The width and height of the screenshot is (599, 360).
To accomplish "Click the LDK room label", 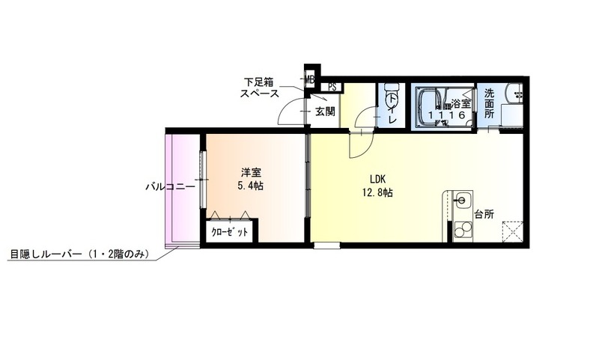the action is point(377,179).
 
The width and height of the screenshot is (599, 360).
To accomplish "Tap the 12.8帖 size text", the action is point(377,193).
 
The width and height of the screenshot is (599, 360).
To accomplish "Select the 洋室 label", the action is point(251,173).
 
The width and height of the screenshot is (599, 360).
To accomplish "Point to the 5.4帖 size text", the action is point(251,186).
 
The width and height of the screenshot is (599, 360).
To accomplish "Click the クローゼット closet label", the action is point(230,232).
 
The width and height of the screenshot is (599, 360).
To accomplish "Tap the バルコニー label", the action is point(171,186).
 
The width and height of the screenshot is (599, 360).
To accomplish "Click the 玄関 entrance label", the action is point(325,112).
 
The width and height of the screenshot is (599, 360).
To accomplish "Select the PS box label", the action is point(332,87).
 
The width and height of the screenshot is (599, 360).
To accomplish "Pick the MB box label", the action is point(309,80).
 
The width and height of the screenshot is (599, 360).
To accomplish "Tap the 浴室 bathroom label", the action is point(460,103).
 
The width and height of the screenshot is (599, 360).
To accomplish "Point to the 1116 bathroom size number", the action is point(446,115).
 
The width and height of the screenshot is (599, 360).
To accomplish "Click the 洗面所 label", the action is point(490,103).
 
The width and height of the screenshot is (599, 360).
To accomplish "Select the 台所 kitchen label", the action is point(484,214).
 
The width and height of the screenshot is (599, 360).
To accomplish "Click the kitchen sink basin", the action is point(462,200).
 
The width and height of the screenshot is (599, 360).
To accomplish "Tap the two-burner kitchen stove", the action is point(462,231).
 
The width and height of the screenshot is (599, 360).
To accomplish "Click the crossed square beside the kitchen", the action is point(512,231).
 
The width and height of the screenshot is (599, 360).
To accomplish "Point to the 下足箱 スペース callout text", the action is point(260,88).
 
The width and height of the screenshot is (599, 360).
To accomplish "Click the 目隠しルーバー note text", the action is point(79,254).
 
